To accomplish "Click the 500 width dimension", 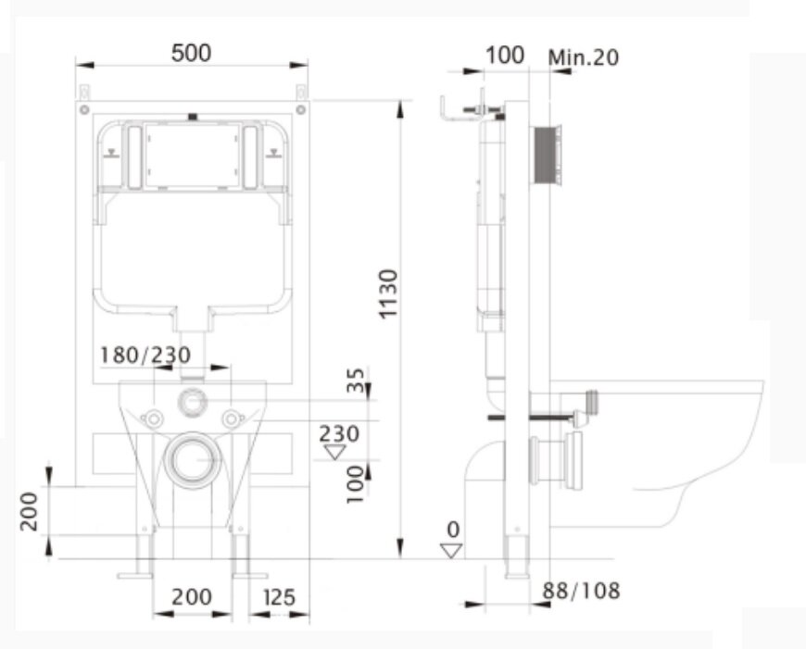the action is pyautogui.click(x=191, y=53).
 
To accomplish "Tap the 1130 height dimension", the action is pyautogui.click(x=388, y=293).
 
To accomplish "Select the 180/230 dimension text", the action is pyautogui.click(x=145, y=356).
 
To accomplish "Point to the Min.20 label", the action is pyautogui.click(x=584, y=57).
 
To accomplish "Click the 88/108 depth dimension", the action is pyautogui.click(x=582, y=591).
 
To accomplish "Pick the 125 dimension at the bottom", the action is pyautogui.click(x=280, y=597).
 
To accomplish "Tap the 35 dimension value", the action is pyautogui.click(x=356, y=380).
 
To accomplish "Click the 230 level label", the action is pyautogui.click(x=339, y=434).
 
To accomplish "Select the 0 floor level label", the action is pyautogui.click(x=453, y=530).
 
